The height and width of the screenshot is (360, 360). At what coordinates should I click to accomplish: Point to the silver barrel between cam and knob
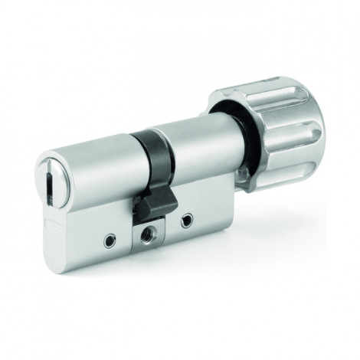(x=203, y=149)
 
